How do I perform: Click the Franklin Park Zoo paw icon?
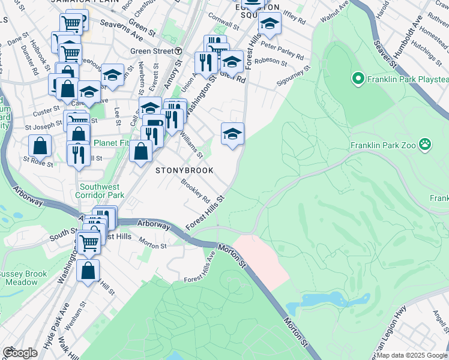point(425,143)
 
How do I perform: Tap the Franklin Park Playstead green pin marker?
point(358,79)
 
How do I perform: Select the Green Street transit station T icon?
point(179,52)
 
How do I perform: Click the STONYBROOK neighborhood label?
point(184,170)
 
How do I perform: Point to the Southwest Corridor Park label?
point(100,190)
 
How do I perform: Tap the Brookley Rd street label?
point(196,191)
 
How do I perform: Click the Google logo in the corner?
point(19,353)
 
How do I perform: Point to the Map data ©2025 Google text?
point(412,355)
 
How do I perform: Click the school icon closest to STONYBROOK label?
point(232,134)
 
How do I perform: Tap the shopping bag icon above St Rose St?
point(40,145)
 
